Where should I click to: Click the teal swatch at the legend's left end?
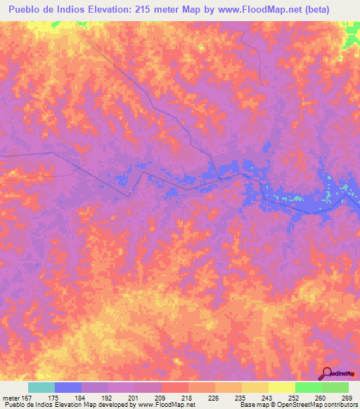[41, 387]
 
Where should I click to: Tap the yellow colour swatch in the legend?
[281, 387]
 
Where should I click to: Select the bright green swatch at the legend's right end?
[335, 387]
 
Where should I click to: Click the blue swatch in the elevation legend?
[67, 387]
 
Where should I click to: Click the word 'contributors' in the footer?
[341, 404]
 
